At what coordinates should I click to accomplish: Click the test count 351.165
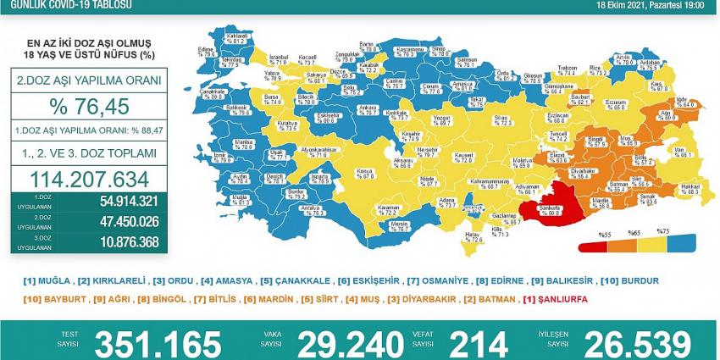pos(159,343)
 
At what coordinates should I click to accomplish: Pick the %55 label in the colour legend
pos(582,233)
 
